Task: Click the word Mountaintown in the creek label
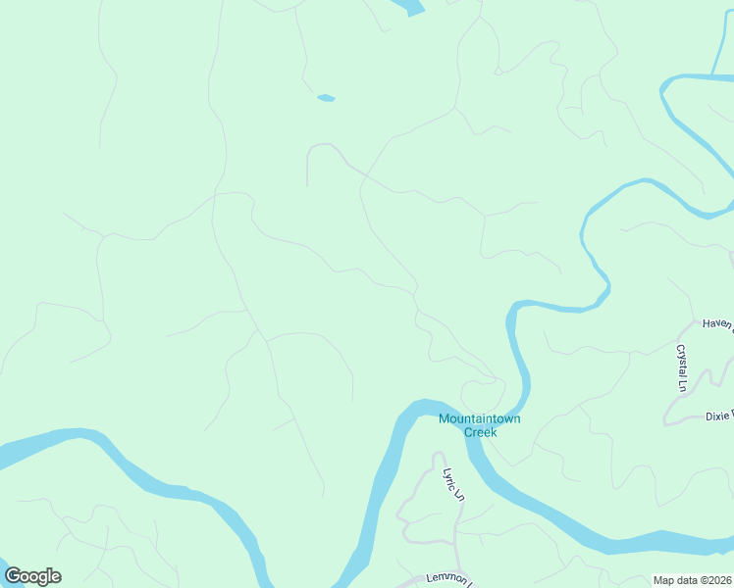(480, 418)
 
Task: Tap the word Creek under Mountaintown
(480, 431)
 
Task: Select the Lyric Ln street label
(452, 483)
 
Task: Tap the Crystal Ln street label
(681, 367)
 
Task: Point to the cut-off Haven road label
(717, 323)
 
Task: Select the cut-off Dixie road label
(719, 416)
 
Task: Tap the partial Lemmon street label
(450, 579)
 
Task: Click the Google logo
(32, 576)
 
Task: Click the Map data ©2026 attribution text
(692, 580)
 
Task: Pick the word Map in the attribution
(665, 580)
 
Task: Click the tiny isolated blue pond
(326, 97)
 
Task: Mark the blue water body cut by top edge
(409, 6)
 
